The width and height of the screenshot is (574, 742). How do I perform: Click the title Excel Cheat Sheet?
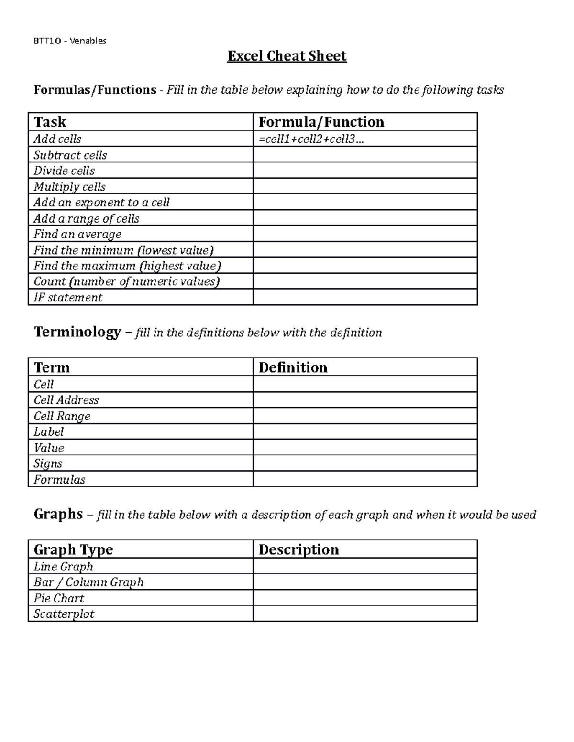287,56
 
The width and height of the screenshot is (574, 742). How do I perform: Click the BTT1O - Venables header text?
70,41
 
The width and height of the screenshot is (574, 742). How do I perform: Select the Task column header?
50,122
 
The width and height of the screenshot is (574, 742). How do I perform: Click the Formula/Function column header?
321,122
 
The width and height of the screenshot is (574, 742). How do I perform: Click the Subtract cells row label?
70,155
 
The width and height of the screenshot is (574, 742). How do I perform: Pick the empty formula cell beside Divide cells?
364,171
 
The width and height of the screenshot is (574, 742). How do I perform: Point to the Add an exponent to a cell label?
101,203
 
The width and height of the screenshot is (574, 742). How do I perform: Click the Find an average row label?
77,234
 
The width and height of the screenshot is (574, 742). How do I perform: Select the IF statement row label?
67,298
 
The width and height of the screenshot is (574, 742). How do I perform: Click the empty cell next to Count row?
364,281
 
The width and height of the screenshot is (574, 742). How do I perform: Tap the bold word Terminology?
77,332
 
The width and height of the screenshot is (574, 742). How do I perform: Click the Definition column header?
293,367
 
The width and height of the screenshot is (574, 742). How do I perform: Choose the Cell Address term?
66,400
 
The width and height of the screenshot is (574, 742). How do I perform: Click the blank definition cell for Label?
364,432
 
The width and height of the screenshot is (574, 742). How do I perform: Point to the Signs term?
48,463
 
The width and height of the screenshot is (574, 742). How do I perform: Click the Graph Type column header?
73,549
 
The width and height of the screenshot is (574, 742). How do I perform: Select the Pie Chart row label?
58,598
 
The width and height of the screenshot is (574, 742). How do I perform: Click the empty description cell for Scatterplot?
364,614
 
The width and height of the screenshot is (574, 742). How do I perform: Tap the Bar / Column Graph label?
88,582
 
